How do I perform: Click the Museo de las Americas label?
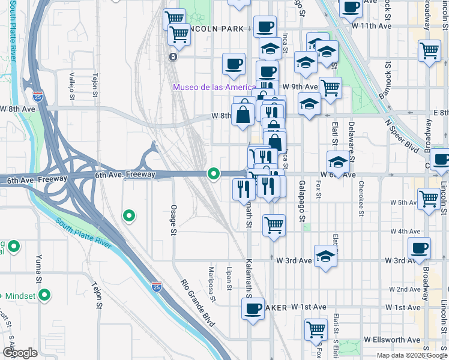[214, 87]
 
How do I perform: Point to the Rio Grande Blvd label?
[198, 303]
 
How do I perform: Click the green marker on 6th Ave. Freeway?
[213, 174]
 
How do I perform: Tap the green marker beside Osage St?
[128, 215]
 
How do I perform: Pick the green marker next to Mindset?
[44, 295]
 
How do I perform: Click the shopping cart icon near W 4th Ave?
[274, 226]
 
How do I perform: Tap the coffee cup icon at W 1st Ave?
[253, 310]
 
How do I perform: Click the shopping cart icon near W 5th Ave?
[429, 199]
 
